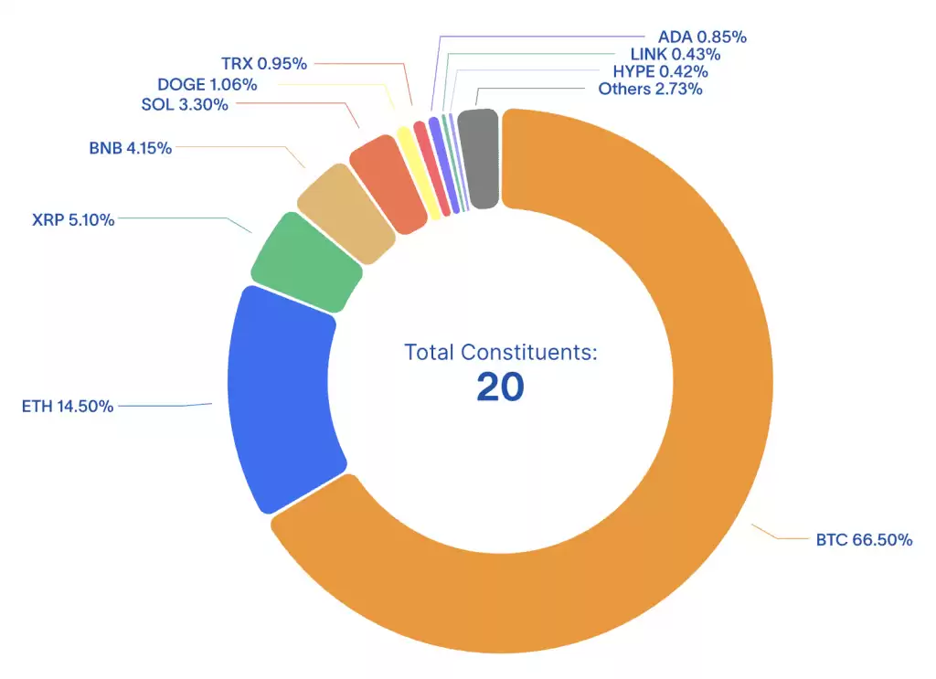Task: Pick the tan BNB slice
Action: [346, 214]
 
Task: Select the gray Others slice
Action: [478, 158]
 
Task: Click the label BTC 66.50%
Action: [864, 539]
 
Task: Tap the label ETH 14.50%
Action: [68, 407]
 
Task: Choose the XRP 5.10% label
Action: [73, 219]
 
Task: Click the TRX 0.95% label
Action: [264, 64]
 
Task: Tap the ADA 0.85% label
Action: [702, 37]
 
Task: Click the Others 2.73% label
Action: [650, 89]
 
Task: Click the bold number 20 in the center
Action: [500, 387]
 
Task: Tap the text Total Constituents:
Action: [500, 352]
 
